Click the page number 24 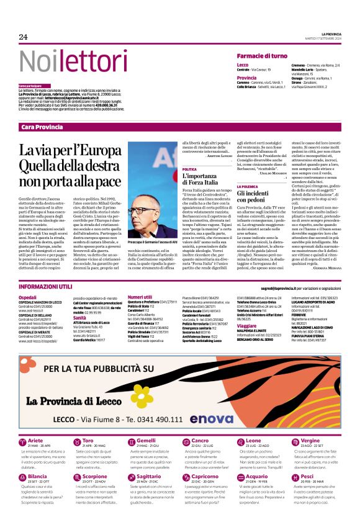23,37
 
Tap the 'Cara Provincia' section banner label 42,127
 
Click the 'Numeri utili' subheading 140,298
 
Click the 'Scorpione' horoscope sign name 95,459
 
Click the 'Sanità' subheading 80,317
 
